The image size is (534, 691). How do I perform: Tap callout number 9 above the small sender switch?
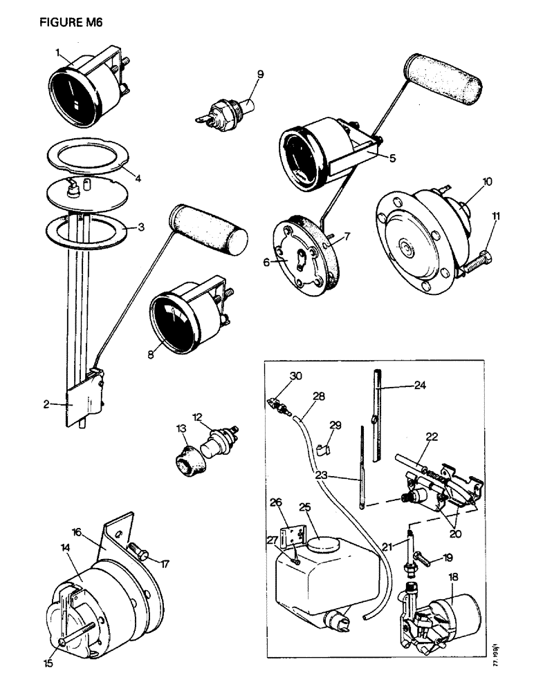[x=260, y=73]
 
